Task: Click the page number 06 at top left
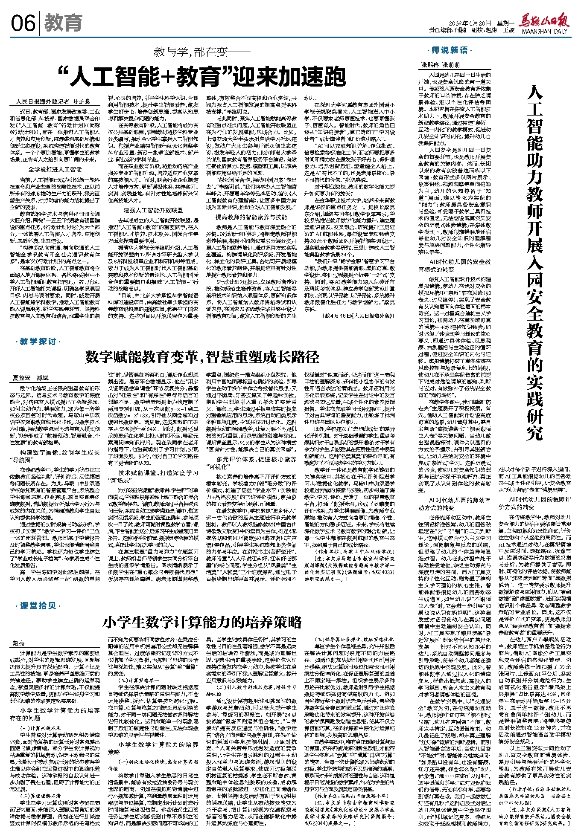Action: (23, 23)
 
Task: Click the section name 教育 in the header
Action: (63, 23)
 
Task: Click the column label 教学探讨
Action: (38, 342)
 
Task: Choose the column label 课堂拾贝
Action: (38, 606)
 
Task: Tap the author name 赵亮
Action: (19, 643)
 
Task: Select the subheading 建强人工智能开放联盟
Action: (153, 210)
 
